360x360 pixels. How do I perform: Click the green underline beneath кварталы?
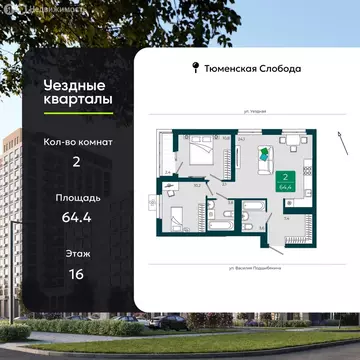point(48,116)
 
